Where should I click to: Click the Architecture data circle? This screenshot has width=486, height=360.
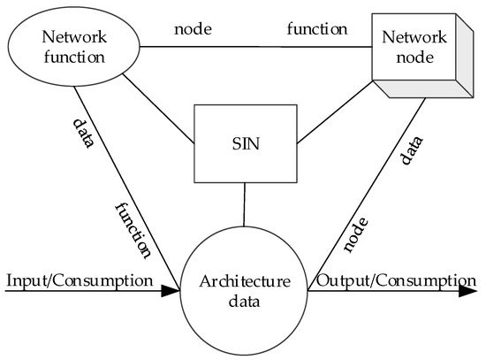tap(243, 293)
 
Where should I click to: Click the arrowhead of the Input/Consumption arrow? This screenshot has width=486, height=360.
tap(171, 293)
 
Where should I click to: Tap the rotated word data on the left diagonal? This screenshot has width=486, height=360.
tap(81, 133)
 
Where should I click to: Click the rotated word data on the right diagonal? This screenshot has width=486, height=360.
tap(410, 151)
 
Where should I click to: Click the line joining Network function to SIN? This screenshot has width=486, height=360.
tap(159, 110)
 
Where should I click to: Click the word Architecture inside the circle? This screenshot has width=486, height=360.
tap(243, 284)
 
